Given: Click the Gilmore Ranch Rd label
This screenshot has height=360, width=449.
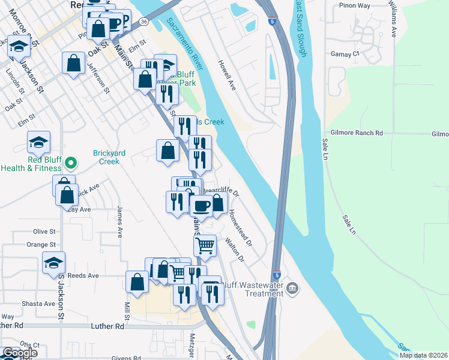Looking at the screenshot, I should coord(356,133).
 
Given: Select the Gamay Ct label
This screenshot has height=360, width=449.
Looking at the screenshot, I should coord(345,53).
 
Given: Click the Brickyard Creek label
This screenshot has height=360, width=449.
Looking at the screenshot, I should coord(109,157).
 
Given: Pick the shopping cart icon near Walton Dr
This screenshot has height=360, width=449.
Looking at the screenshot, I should coord(205,244).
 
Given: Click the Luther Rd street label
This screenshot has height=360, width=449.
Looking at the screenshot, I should coord(108,326).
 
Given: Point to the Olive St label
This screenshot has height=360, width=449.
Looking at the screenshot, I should coord(44,231).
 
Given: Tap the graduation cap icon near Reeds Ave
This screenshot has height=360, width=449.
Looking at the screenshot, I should coord(54,262).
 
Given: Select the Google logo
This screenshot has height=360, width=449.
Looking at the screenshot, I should coord(20,353).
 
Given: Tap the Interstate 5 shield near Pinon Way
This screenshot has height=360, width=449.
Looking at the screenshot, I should coord(273,22).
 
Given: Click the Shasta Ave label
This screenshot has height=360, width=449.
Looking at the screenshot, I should coord(39,304).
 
